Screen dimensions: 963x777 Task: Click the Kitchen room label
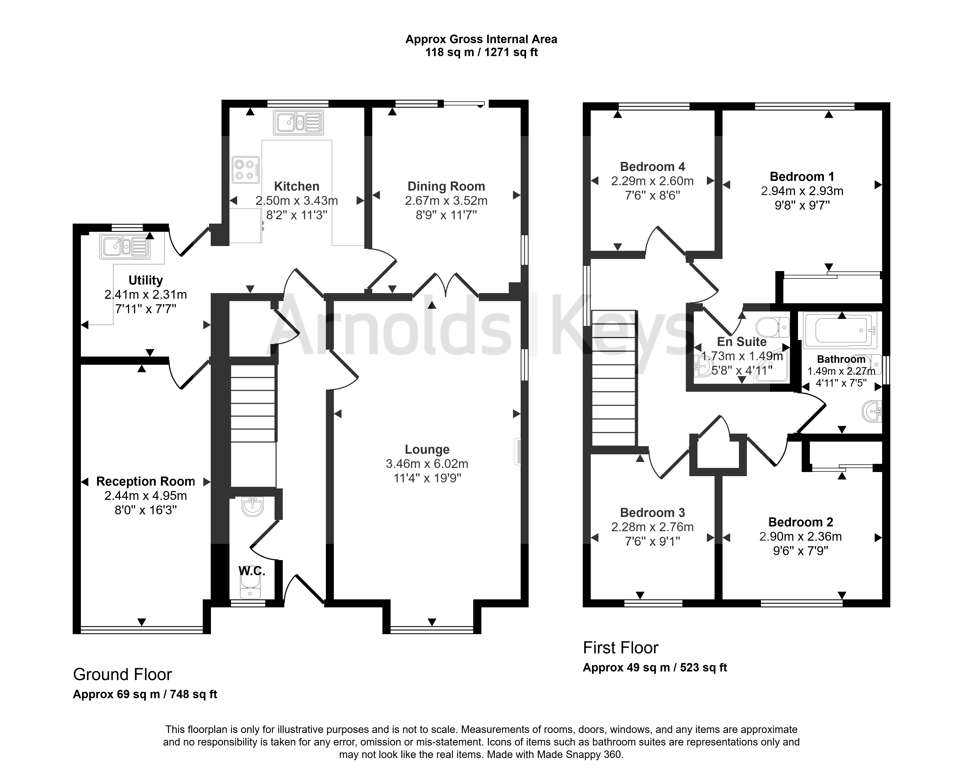[297, 186]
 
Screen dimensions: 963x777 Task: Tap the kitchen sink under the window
[298, 122]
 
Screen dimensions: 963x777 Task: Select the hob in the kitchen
[246, 170]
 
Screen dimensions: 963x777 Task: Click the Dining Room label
[446, 186]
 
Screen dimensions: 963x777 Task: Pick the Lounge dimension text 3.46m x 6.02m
[427, 464]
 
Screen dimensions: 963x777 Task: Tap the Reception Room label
[146, 481]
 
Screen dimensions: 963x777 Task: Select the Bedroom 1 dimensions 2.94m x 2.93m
[802, 191]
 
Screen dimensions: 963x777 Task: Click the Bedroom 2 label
[801, 522]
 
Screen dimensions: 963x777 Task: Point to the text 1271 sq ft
[512, 52]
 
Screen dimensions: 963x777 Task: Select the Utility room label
[146, 280]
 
